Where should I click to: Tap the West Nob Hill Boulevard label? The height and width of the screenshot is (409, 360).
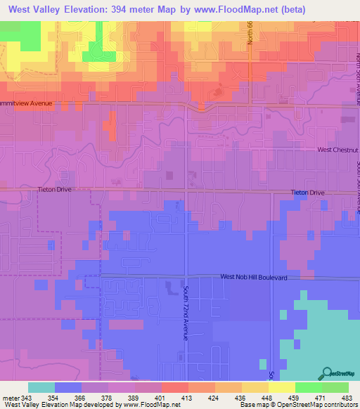click(254, 278)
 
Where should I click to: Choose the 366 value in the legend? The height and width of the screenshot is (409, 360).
click(81, 398)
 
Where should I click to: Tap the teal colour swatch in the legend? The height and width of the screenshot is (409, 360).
click(41, 387)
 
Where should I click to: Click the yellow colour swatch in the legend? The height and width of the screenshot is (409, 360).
click(281, 387)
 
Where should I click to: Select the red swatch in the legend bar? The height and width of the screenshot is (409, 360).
click(174, 387)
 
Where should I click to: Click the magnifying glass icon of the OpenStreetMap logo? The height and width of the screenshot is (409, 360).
click(328, 372)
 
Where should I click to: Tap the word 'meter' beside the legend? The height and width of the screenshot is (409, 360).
click(10, 398)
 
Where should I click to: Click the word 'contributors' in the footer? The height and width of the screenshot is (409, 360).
click(342, 405)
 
